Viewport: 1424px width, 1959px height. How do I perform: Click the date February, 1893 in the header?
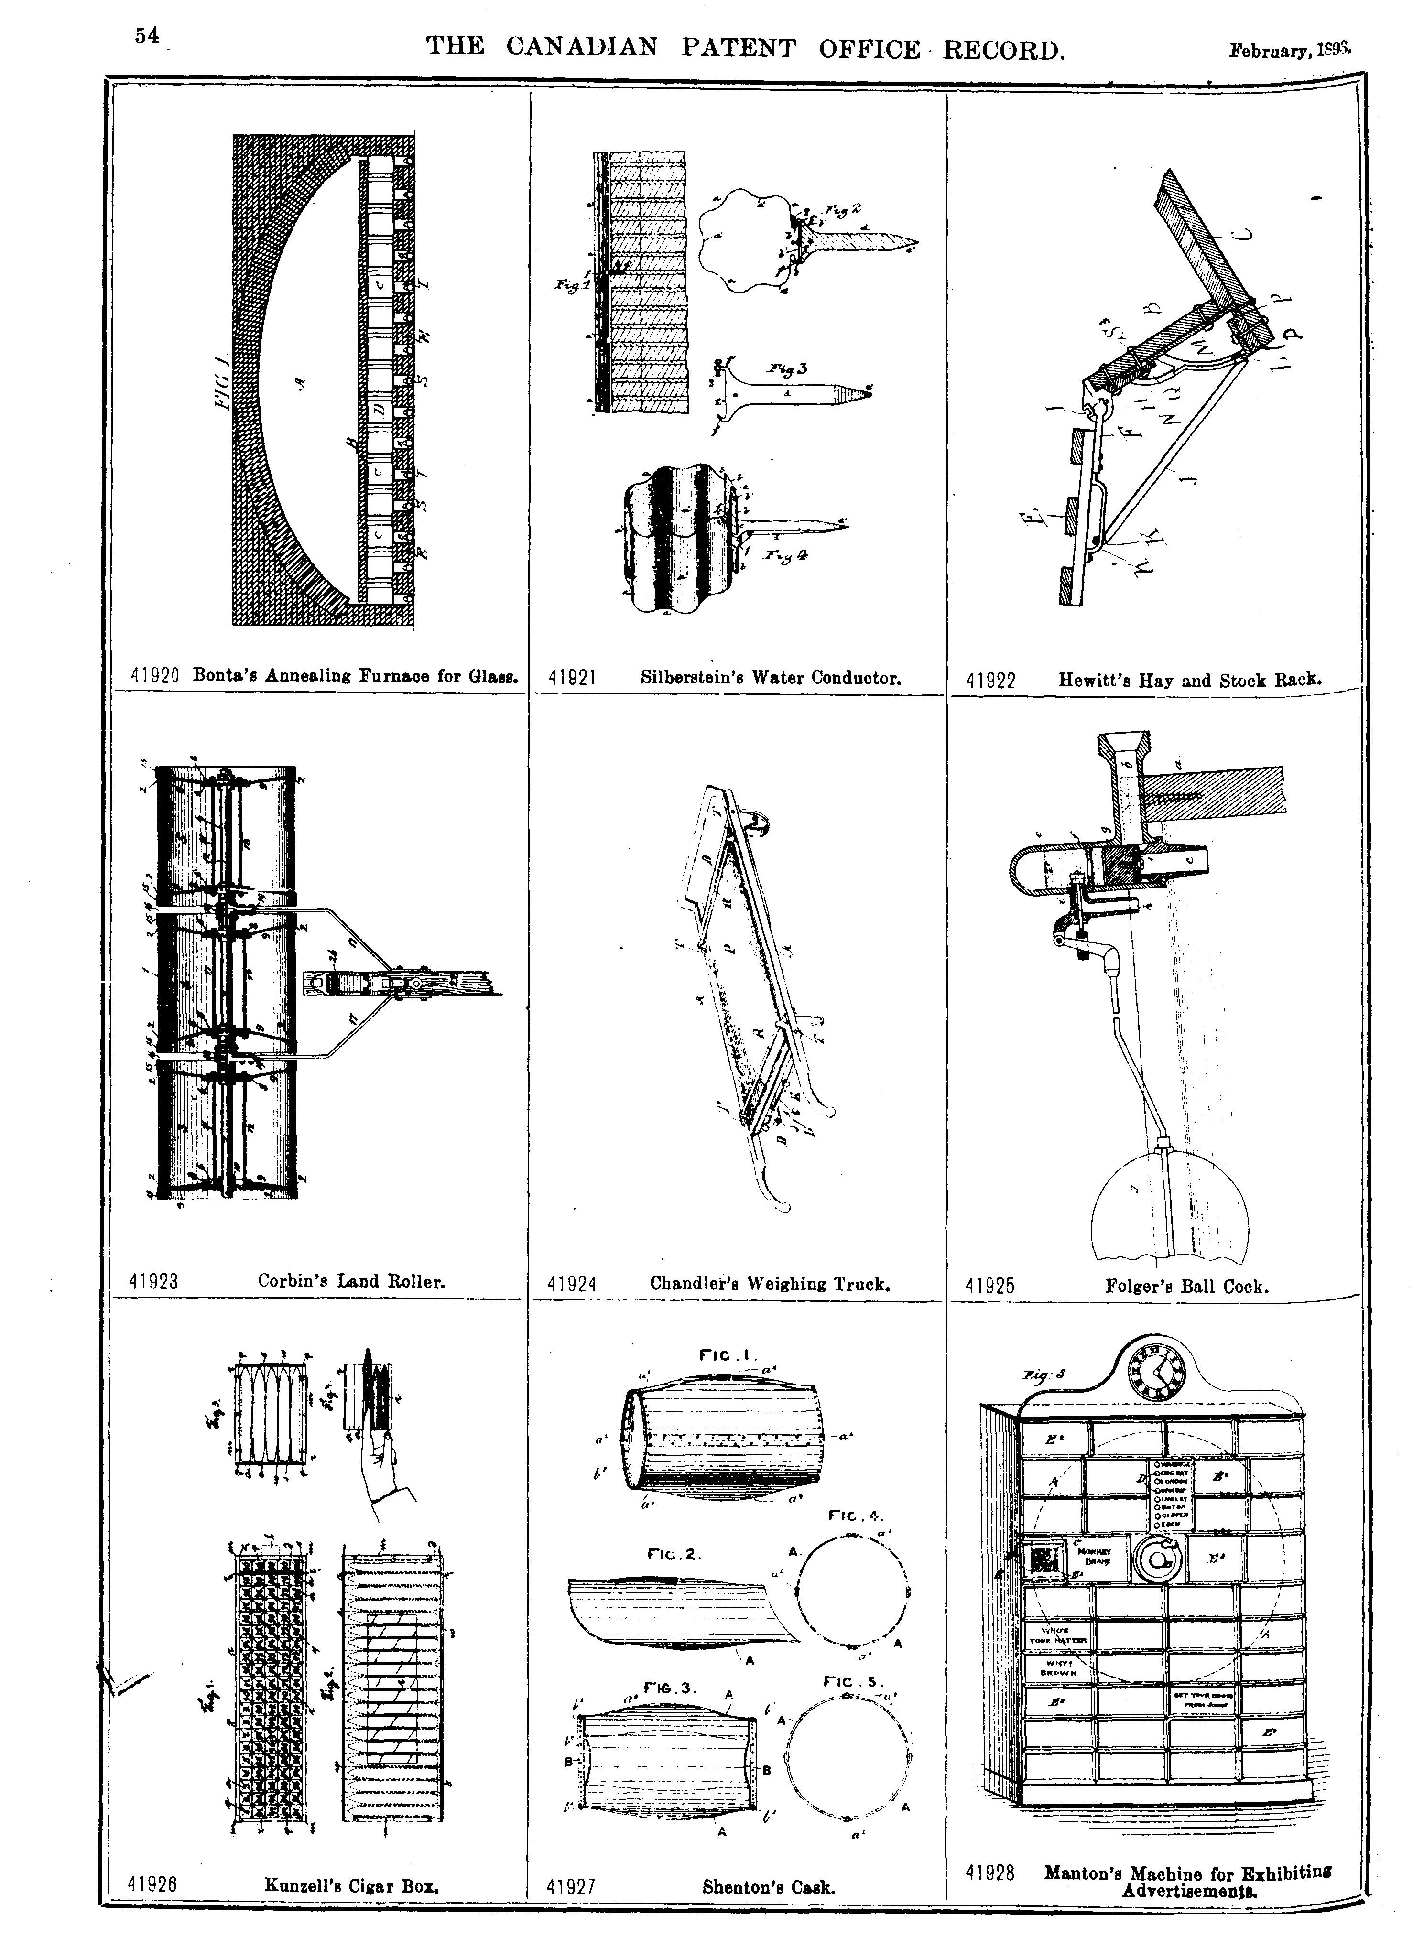[1289, 51]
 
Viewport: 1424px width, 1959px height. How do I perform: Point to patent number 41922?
[990, 681]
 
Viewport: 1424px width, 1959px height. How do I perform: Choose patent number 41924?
[572, 1284]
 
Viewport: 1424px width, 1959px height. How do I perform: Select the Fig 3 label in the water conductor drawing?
[787, 369]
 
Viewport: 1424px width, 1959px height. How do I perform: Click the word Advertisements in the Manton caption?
[1189, 1883]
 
